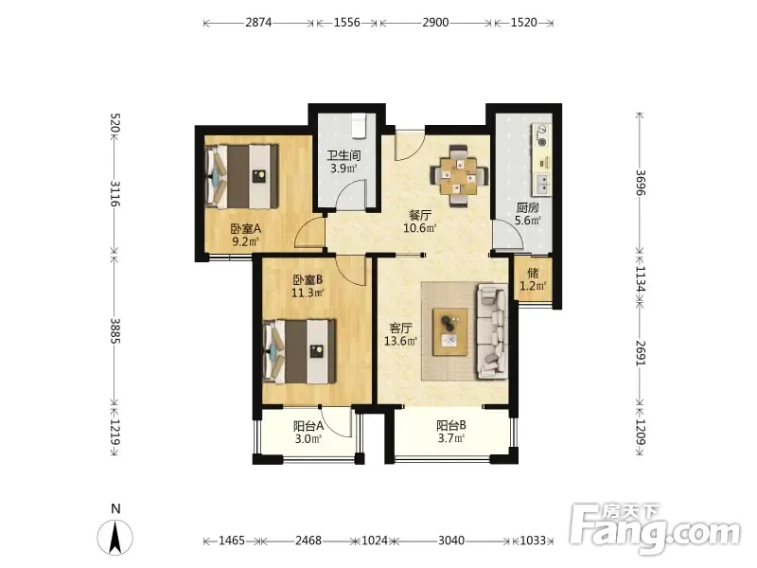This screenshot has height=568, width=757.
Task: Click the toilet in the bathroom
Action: click(x=360, y=126)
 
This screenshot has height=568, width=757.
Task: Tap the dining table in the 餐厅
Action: click(x=459, y=176)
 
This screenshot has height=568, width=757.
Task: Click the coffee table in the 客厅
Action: click(x=450, y=332)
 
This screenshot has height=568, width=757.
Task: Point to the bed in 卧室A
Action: click(x=242, y=176)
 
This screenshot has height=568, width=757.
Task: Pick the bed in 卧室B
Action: click(x=299, y=351)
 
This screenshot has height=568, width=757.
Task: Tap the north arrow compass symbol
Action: click(x=114, y=537)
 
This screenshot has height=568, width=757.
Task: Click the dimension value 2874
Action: click(x=258, y=23)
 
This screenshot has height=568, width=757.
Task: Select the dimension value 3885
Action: click(x=114, y=330)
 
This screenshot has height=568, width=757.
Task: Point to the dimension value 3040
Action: click(x=451, y=541)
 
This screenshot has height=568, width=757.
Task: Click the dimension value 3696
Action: click(x=641, y=183)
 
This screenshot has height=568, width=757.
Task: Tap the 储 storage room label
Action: click(x=533, y=273)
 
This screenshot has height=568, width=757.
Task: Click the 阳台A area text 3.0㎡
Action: click(x=308, y=439)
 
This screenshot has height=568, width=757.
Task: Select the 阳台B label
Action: click(x=451, y=425)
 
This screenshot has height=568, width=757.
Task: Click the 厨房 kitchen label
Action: click(x=528, y=207)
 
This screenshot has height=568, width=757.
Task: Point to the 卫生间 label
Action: click(x=343, y=155)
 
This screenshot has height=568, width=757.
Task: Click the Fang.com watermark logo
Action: click(x=655, y=528)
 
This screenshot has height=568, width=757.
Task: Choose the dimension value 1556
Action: click(x=347, y=23)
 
